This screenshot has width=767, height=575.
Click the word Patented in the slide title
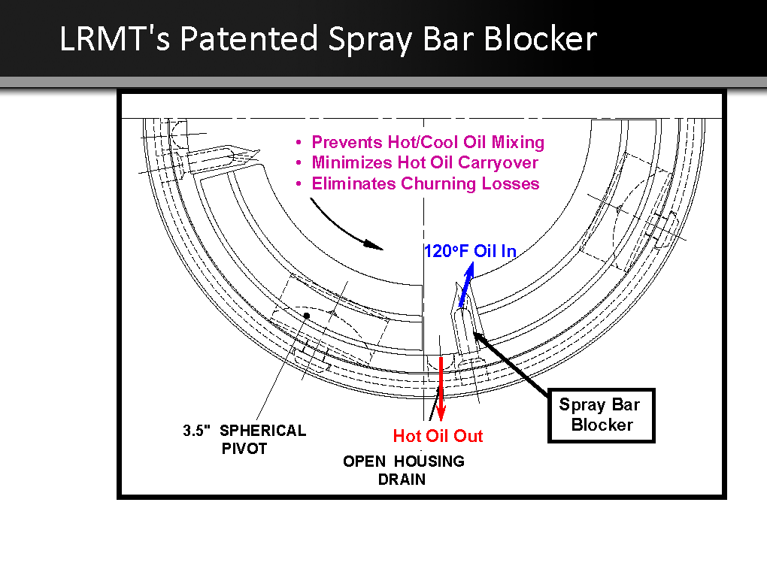(x=249, y=38)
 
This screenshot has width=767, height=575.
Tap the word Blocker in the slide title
(x=541, y=38)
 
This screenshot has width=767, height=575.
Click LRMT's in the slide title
(x=114, y=38)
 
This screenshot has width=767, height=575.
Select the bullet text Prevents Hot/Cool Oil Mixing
(x=428, y=142)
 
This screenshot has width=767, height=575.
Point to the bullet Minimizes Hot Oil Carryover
(x=425, y=162)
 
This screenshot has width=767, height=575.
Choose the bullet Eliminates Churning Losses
(x=426, y=183)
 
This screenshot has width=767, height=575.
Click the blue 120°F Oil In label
(x=470, y=251)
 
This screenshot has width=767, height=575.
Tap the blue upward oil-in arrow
(x=466, y=286)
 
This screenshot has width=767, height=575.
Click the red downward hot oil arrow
(x=441, y=389)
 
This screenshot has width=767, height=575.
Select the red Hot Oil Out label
(x=438, y=436)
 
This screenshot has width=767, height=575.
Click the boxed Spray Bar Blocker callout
(x=601, y=416)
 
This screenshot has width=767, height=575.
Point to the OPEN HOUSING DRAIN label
(x=404, y=470)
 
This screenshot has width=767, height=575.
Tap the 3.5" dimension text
(x=197, y=430)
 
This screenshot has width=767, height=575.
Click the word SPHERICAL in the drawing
(x=262, y=430)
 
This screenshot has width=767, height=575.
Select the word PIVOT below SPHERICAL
(x=244, y=449)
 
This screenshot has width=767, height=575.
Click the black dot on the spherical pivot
(x=307, y=316)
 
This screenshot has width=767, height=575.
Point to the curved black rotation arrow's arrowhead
(x=374, y=244)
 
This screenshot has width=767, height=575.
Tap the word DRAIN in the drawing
(x=402, y=480)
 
